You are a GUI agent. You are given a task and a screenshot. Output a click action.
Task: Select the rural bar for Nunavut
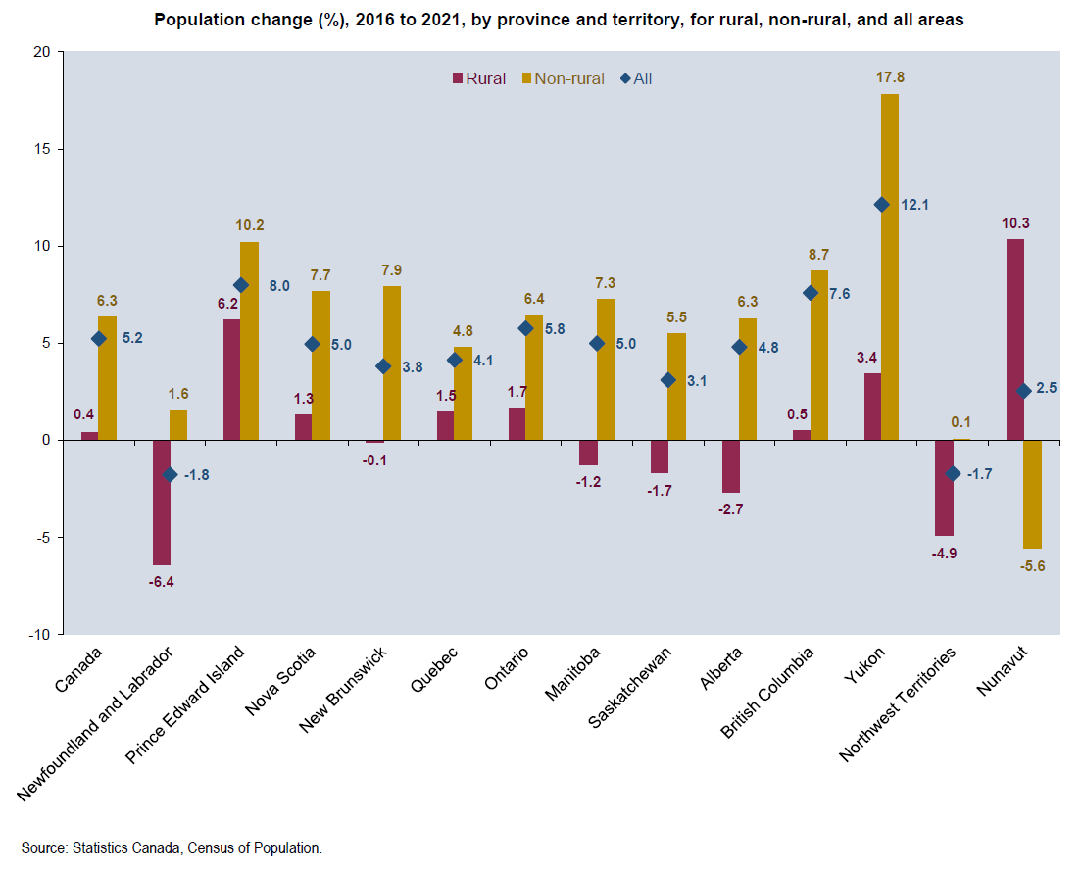(x=1015, y=339)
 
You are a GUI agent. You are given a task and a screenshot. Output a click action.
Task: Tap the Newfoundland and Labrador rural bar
(x=162, y=503)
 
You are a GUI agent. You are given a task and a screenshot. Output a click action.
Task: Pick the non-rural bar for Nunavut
(x=1032, y=494)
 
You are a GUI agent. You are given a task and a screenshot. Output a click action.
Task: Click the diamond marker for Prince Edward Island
(x=241, y=285)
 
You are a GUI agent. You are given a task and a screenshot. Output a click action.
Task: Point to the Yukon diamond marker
(x=881, y=205)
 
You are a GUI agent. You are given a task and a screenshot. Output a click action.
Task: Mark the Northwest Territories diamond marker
(x=953, y=473)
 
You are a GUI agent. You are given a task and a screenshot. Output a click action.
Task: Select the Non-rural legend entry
(x=564, y=78)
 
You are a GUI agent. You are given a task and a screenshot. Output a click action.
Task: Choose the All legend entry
(x=636, y=78)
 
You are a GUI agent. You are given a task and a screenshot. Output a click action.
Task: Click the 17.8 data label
(x=890, y=76)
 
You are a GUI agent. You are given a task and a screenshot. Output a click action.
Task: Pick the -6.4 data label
(x=162, y=582)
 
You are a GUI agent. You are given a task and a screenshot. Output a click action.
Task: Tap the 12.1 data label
(x=915, y=205)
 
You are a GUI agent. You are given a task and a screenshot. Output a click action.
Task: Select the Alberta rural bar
(x=730, y=466)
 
